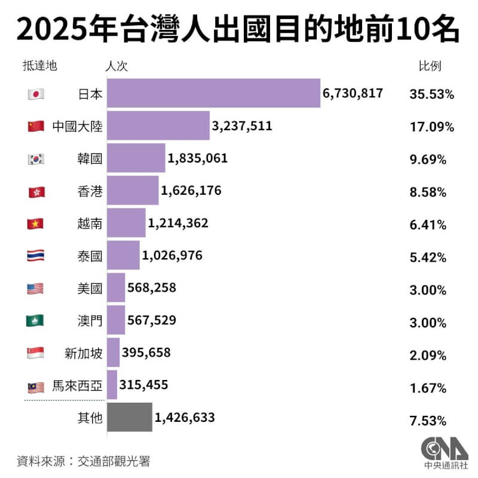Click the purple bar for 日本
(213, 94)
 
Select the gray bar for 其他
(129, 417)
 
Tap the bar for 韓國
(136, 158)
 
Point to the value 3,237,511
(242, 126)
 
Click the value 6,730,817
(353, 94)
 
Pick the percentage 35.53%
(432, 94)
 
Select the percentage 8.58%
(432, 192)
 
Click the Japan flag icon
(36, 94)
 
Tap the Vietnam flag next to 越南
(36, 224)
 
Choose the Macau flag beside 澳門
(36, 321)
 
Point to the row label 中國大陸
(77, 127)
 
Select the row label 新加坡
(83, 354)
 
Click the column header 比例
(429, 66)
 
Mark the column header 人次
(117, 66)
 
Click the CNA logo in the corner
(440, 452)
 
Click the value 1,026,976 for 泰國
(172, 256)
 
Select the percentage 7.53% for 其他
(428, 420)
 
